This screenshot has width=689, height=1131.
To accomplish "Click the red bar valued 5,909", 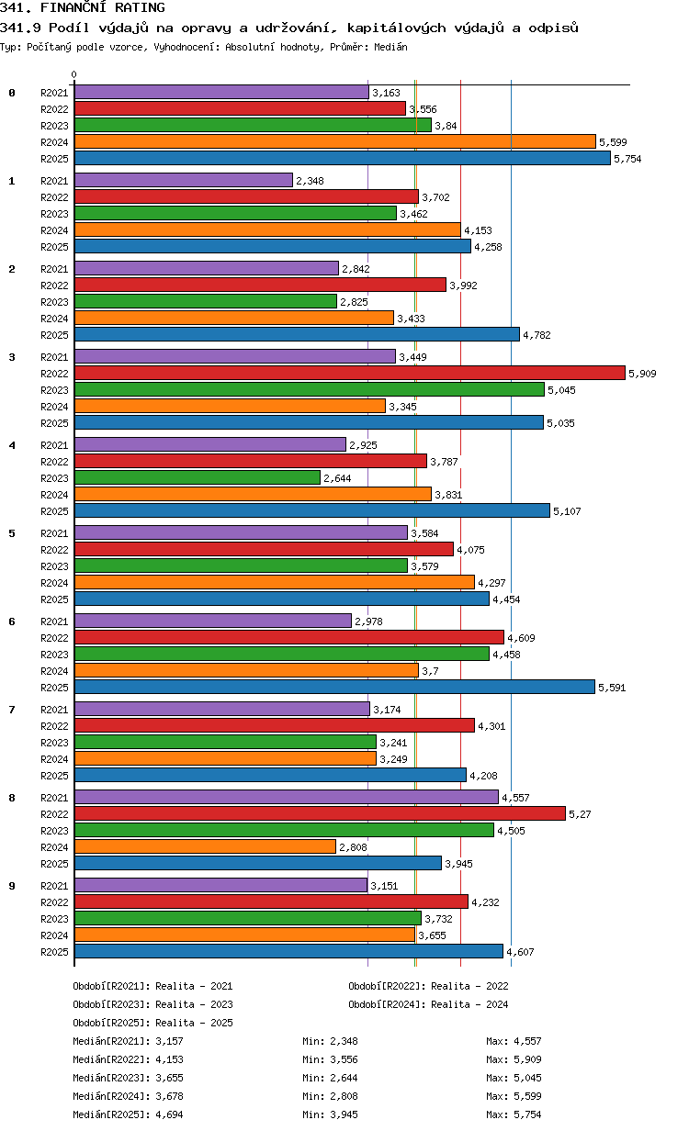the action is click(350, 373).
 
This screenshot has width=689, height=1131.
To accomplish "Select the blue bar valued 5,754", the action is click(343, 158).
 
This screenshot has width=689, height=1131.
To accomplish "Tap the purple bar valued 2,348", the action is click(184, 180).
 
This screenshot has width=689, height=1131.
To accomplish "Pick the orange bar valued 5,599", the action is click(335, 142).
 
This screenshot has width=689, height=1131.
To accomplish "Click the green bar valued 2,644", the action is click(198, 477).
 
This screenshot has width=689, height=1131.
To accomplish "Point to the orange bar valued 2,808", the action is click(205, 846).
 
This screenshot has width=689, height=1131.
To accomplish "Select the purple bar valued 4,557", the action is click(287, 797).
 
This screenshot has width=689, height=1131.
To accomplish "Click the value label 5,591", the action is click(612, 688).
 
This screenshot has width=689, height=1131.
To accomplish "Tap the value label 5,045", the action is click(561, 390).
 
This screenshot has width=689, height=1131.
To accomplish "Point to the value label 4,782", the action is click(537, 335).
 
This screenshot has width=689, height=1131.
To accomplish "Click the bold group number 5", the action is click(12, 533).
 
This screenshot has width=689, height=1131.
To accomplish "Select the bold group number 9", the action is click(12, 886).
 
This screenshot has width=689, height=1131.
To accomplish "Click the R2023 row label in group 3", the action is click(54, 390).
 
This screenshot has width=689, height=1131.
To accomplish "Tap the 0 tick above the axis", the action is click(74, 74).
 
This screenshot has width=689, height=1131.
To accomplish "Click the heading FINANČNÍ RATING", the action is click(103, 7).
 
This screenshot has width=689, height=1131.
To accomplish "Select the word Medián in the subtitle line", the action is click(390, 47).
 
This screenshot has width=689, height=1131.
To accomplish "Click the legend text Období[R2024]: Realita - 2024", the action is click(428, 1004).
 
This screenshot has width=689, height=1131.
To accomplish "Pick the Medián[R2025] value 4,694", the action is click(169, 1114).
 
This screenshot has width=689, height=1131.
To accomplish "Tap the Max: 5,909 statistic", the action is click(514, 1059).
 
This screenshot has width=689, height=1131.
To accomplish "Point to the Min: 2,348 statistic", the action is click(330, 1041).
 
